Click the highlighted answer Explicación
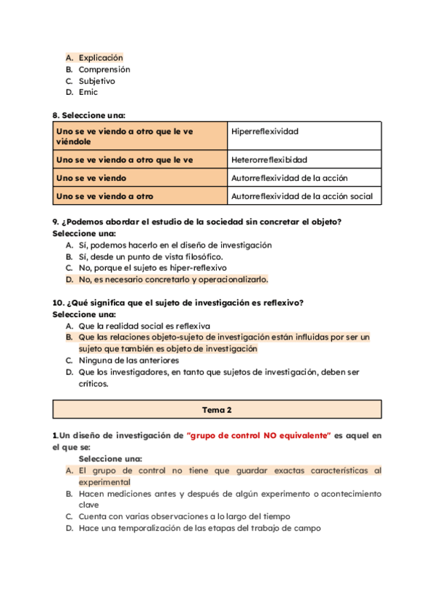tap(101, 58)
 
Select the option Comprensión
tap(104, 70)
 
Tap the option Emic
tap(88, 93)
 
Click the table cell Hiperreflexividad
tap(265, 132)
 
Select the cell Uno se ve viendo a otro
tap(104, 196)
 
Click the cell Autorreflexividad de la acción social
tap(302, 196)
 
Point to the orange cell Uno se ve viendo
tap(91, 178)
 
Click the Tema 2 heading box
tap(217, 410)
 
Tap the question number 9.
tap(56, 222)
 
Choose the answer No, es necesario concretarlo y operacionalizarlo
tap(173, 279)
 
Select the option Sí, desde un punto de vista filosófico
tap(151, 256)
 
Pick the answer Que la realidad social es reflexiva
tap(144, 326)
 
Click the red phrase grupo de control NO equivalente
tap(259, 435)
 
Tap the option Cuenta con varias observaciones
tap(184, 516)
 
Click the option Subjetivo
tap(96, 81)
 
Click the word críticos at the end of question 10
tap(94, 384)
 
